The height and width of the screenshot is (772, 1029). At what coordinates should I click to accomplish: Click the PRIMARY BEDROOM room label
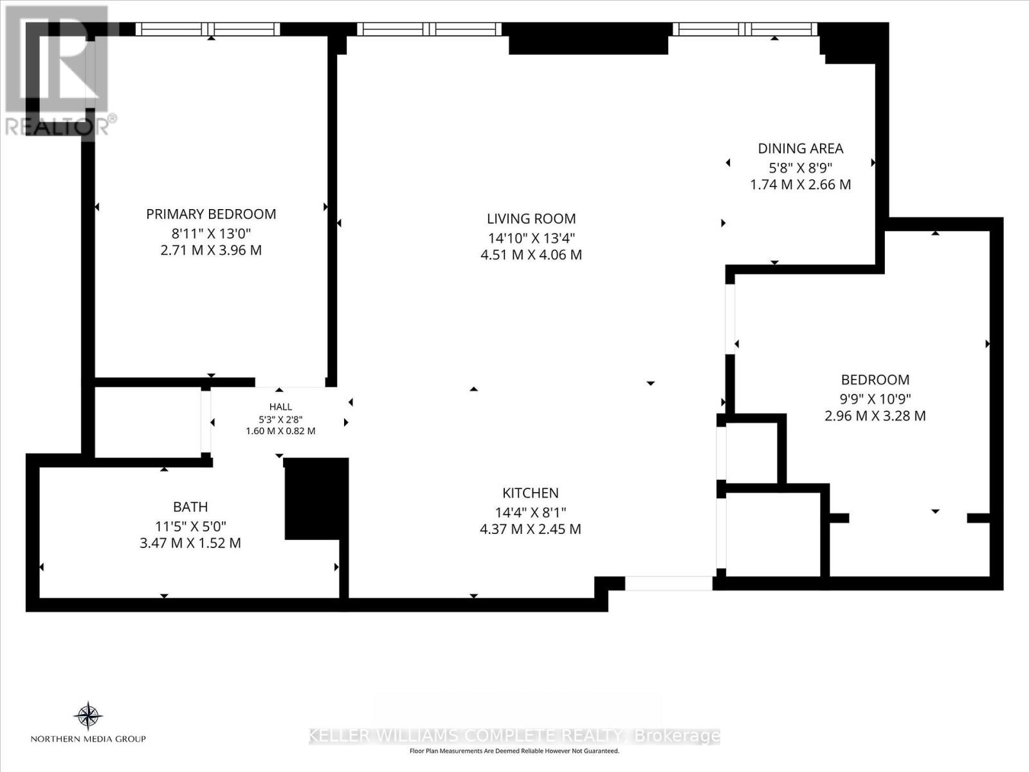point(211,214)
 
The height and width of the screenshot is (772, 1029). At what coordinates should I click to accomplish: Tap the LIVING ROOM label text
point(531,219)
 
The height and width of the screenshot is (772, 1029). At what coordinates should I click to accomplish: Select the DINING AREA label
point(801,149)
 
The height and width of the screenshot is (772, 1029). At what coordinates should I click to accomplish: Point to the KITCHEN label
point(530,493)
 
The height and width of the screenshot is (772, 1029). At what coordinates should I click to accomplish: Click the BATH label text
point(190,507)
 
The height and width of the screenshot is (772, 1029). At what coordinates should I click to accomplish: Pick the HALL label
point(280,407)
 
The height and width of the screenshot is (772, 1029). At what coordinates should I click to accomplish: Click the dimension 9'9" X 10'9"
point(875,399)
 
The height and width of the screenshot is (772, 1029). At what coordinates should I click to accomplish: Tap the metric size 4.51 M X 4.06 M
point(531,255)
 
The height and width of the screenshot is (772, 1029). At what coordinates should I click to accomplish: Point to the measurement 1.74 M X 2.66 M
point(801,185)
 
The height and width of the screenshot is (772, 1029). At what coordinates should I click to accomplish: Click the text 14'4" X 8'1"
point(530,512)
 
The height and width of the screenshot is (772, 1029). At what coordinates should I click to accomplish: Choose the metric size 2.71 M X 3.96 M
point(211,250)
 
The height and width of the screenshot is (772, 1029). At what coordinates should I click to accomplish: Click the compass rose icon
point(88,716)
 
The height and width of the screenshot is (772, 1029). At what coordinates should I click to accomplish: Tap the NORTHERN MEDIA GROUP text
point(88,739)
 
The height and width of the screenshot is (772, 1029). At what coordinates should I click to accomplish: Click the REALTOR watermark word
point(57,125)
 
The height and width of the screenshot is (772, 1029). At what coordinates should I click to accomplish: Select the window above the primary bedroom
point(208,29)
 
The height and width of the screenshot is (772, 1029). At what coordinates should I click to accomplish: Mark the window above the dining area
point(745,29)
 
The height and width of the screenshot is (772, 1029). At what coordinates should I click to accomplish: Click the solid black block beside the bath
point(316,499)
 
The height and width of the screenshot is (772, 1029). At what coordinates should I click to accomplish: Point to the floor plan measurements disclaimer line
point(514,751)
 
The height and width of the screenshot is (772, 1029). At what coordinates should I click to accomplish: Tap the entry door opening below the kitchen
point(668,583)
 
